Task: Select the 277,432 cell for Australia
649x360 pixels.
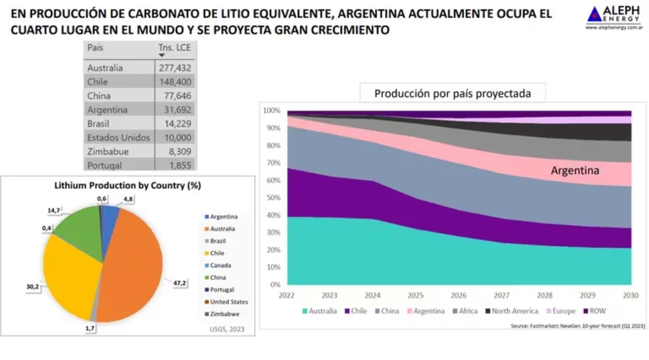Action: pos(173,67)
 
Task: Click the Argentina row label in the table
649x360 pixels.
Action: pos(107,110)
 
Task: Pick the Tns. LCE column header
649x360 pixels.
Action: pos(174,48)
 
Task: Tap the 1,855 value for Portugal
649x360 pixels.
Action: pos(179,165)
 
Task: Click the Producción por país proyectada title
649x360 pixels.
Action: pos(452,93)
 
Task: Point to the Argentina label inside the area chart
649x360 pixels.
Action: pos(574,171)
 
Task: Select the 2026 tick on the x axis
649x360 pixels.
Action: pos(458,294)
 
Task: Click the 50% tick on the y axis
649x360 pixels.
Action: pos(272,198)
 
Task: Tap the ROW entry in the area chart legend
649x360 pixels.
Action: pos(598,311)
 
